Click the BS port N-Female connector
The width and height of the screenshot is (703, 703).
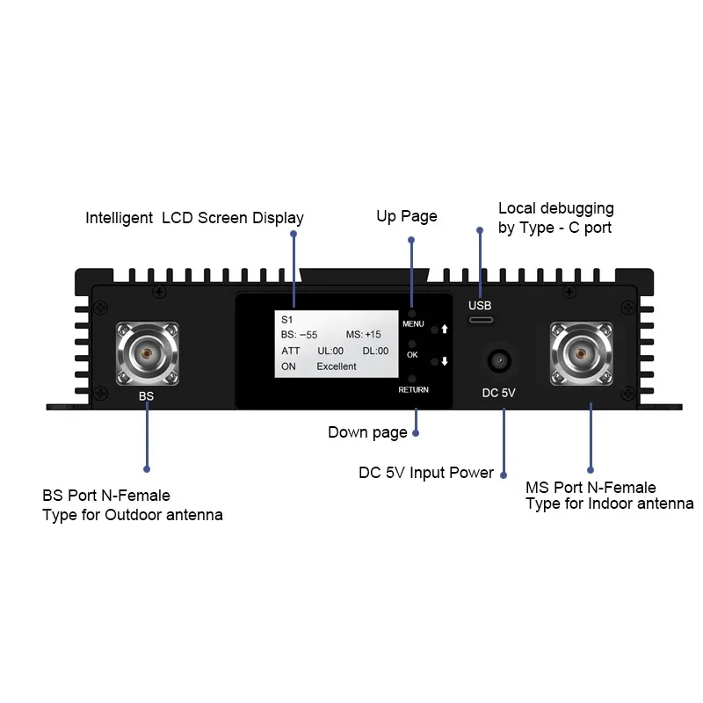(x=147, y=354)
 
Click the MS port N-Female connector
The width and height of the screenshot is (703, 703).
(x=580, y=354)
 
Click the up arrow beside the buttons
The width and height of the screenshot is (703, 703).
(x=445, y=330)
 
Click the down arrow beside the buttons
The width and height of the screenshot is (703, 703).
(x=445, y=361)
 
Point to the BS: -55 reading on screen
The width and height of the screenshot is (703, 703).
(x=299, y=335)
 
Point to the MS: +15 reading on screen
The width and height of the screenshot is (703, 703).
(x=364, y=335)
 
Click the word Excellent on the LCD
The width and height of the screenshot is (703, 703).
(x=337, y=366)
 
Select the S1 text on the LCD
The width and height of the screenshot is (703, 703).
(x=286, y=320)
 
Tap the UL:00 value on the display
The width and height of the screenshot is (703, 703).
(x=330, y=351)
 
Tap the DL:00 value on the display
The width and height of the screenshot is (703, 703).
(x=375, y=351)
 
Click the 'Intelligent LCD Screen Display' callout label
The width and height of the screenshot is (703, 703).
(x=194, y=218)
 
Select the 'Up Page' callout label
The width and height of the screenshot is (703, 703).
(x=407, y=216)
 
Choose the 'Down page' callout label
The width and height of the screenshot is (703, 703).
(x=367, y=432)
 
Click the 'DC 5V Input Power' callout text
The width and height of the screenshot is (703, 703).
(x=426, y=473)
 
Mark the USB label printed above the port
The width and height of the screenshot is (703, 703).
(x=481, y=306)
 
